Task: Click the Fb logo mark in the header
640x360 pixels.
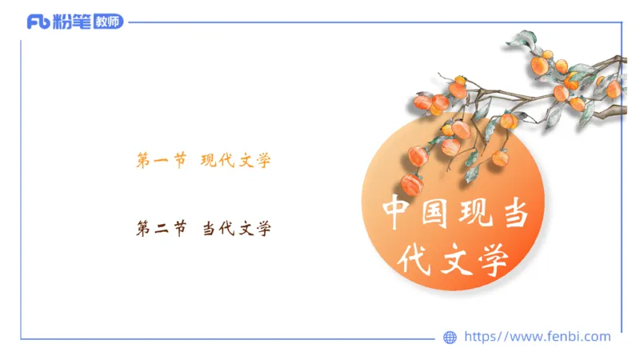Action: [38, 22]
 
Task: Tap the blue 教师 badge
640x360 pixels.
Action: [108, 22]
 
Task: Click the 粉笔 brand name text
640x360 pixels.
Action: [73, 22]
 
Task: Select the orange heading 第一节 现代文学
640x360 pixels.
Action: [203, 161]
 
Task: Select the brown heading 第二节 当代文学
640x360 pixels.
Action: [203, 230]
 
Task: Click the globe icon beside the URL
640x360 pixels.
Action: [450, 338]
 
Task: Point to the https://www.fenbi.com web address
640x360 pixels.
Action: [537, 337]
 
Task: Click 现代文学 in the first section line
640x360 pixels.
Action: [235, 161]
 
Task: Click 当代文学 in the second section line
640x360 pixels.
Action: [235, 230]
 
